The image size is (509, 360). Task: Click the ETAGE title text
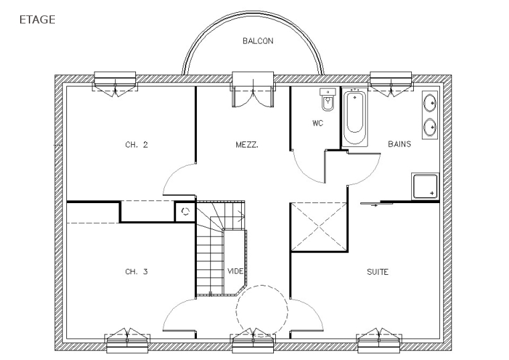click(38, 19)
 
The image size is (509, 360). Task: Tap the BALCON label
click(258, 41)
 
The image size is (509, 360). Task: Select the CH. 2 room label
click(137, 145)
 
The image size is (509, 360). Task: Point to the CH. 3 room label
click(137, 272)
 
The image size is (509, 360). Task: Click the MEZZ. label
click(247, 145)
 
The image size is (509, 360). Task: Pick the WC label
click(318, 123)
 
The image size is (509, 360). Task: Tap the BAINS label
click(399, 143)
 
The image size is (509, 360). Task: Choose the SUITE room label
click(378, 272)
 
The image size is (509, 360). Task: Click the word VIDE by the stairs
click(235, 271)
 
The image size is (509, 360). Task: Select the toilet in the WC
click(328, 99)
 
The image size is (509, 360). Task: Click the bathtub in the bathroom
click(354, 117)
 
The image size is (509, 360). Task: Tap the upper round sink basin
click(430, 103)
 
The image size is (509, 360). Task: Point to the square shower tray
click(425, 186)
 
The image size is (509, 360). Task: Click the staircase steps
click(220, 249)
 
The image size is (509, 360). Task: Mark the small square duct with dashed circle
click(186, 212)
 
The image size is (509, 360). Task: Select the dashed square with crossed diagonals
click(319, 227)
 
